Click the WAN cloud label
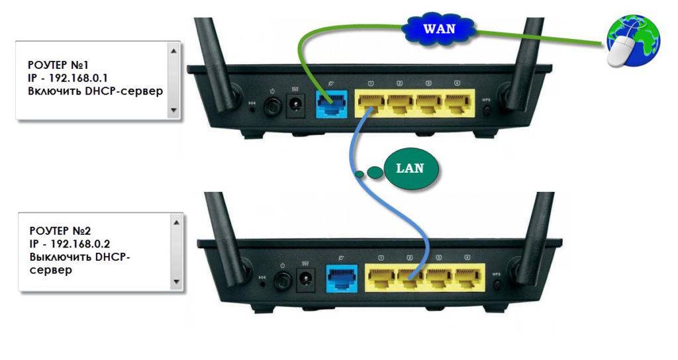point(439,28)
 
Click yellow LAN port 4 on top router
point(457,103)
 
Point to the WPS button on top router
point(487,109)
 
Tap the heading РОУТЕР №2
point(60,230)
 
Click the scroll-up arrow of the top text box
point(174,50)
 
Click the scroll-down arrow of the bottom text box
point(176,281)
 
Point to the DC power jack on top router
point(293,105)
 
